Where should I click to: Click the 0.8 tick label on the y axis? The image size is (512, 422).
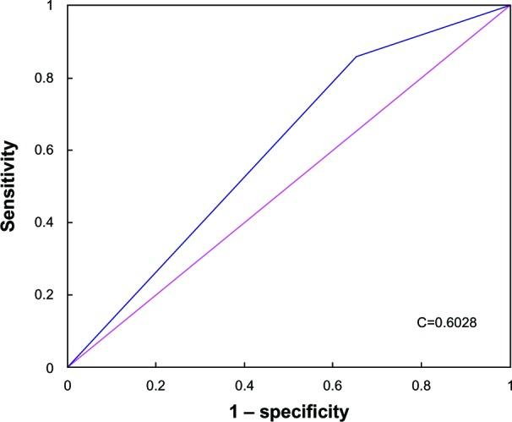click(x=52, y=78)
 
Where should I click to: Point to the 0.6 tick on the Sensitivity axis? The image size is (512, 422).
click(x=52, y=151)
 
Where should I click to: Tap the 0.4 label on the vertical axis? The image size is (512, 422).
click(x=52, y=222)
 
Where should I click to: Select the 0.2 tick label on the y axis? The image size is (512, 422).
click(x=52, y=295)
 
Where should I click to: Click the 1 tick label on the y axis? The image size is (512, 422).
click(x=57, y=6)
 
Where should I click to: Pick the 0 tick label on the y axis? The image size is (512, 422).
click(x=57, y=367)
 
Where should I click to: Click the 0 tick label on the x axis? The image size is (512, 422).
click(x=68, y=383)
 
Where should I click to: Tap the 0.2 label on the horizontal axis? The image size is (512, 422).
click(x=155, y=383)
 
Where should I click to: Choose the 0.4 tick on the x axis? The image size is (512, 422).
click(x=244, y=383)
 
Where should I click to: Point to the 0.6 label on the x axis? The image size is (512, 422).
click(x=333, y=383)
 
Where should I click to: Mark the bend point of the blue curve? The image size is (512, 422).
click(x=356, y=57)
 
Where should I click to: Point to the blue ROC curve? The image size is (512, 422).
click(x=211, y=203)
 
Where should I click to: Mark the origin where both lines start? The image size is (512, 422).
click(x=68, y=367)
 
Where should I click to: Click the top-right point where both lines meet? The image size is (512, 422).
click(x=509, y=6)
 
